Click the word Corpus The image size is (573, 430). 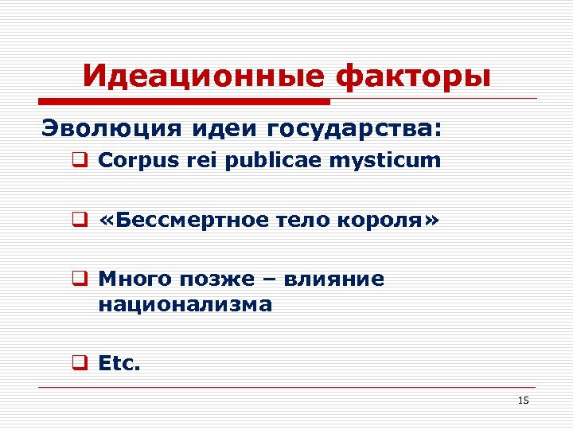tap(133, 161)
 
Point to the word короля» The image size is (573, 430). tap(389, 221)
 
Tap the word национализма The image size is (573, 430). tap(185, 304)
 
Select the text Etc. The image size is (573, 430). tap(119, 363)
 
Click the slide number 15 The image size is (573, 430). tap(523, 401)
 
